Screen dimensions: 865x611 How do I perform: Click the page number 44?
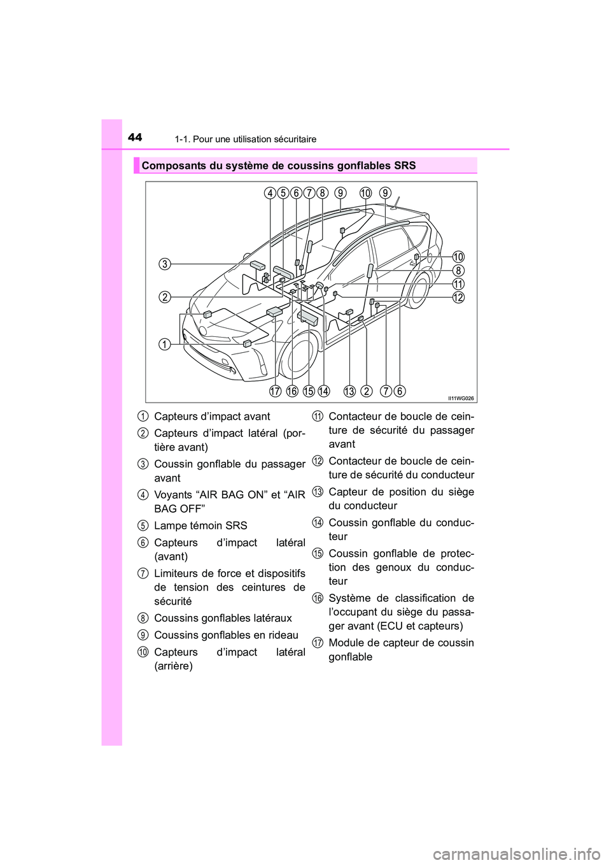coord(135,137)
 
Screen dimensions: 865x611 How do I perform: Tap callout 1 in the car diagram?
coord(164,345)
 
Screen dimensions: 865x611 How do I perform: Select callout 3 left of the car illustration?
coord(164,264)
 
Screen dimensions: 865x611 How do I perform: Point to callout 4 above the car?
coord(270,193)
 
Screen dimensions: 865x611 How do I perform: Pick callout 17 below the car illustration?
coord(275,391)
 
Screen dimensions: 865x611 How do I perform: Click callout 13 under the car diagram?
coord(349,391)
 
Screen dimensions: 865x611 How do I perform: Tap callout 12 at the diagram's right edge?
coord(458,297)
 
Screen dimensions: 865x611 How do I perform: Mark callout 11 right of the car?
coord(458,284)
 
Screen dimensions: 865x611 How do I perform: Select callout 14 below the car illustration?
coord(324,391)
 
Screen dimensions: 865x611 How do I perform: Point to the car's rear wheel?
coord(419,289)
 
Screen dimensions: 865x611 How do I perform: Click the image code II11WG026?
coord(461,398)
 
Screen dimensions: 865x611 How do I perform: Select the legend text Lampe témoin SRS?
coord(200,525)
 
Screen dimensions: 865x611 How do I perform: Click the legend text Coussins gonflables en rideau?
coord(226,635)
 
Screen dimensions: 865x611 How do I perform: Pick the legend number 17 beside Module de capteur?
coord(318,642)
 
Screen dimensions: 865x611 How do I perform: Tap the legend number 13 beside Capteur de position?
coord(318,491)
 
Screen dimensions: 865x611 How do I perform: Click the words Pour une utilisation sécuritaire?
coord(255,139)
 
